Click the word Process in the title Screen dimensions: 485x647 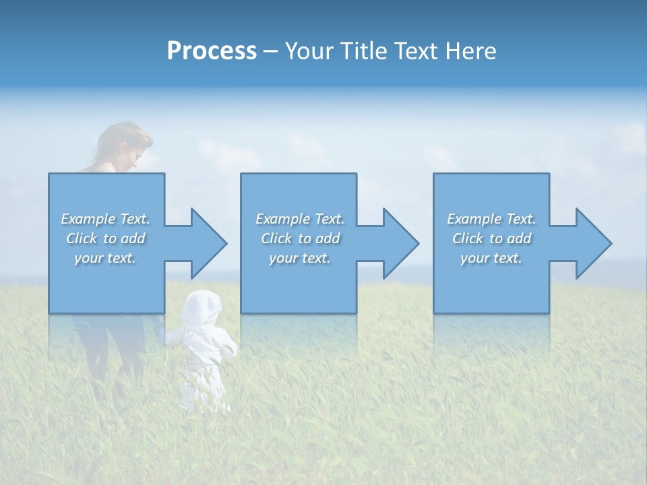click(x=212, y=51)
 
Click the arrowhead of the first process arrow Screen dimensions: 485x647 click(x=209, y=243)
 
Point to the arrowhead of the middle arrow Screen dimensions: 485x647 click(x=401, y=243)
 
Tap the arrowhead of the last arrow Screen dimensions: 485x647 click(x=594, y=243)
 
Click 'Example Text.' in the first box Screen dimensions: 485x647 click(x=105, y=219)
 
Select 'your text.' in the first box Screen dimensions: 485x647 click(x=105, y=258)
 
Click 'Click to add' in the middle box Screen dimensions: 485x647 click(x=300, y=238)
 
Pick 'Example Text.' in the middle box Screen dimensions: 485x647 click(x=300, y=219)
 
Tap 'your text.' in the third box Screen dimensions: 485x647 click(x=491, y=258)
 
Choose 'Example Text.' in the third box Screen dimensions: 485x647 click(x=491, y=219)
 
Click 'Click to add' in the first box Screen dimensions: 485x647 click(x=105, y=238)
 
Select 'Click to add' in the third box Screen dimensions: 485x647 click(x=491, y=238)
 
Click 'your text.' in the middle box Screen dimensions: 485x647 click(x=300, y=258)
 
